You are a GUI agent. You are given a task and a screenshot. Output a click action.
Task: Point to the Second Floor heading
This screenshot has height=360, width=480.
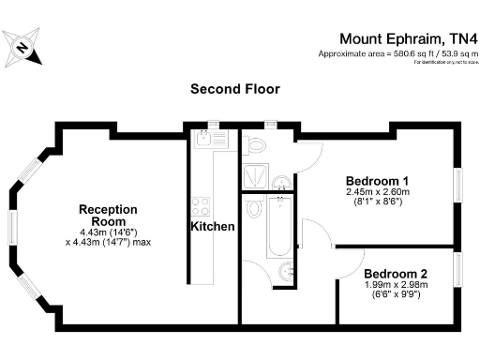click(x=234, y=89)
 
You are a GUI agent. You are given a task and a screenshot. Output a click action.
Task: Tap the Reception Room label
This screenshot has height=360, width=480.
click(x=108, y=215)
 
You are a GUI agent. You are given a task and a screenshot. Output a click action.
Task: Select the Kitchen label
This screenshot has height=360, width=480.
click(x=212, y=227)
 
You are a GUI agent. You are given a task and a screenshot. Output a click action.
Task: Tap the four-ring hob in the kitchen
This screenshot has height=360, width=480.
click(x=202, y=204)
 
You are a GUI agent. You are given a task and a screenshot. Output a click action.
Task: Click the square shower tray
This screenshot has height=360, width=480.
click(x=253, y=174)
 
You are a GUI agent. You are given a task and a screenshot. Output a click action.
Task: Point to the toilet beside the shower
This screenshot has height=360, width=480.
click(x=255, y=145)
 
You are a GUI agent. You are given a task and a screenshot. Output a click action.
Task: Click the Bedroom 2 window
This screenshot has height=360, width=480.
click(x=457, y=273)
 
